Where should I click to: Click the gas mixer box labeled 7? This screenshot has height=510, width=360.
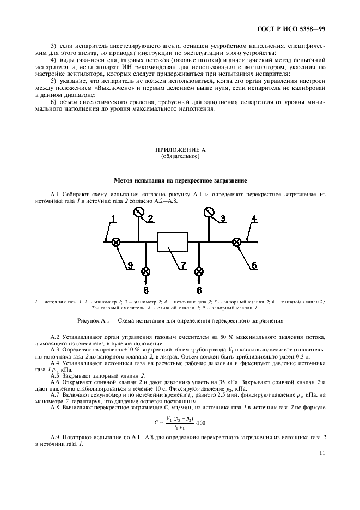(x=172, y=241)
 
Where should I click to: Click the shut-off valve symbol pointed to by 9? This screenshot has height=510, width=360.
(x=116, y=242)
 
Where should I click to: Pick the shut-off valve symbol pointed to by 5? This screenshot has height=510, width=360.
(x=236, y=242)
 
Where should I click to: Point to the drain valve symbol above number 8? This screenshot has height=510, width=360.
(x=146, y=271)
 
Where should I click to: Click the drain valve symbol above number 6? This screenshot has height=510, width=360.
(x=199, y=271)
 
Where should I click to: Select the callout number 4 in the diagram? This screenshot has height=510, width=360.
(x=253, y=219)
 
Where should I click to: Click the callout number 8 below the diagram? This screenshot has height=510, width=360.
(x=146, y=289)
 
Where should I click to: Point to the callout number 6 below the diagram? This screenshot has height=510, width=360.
(x=199, y=289)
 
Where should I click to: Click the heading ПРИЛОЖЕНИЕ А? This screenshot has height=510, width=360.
(x=180, y=149)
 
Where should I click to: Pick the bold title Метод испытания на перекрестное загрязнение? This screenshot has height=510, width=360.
(x=180, y=180)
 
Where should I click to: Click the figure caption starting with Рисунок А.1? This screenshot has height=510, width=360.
(x=180, y=321)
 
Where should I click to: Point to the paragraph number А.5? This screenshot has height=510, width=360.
(x=55, y=375)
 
